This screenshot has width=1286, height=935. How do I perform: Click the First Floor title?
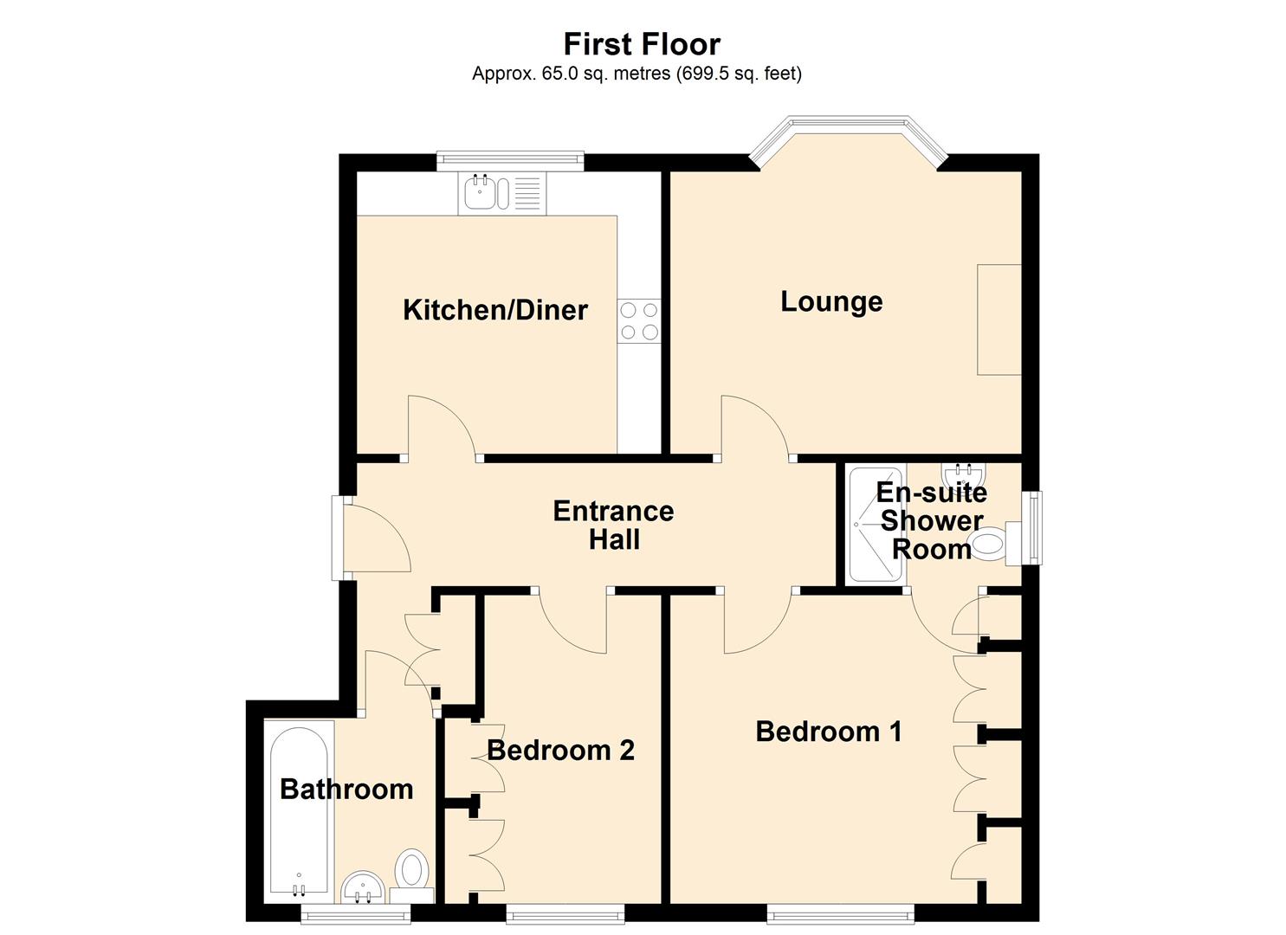point(642,44)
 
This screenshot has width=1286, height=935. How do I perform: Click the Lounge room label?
point(831,301)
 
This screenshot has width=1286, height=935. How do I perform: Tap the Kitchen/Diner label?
point(495,310)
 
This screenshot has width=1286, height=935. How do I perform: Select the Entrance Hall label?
point(613,525)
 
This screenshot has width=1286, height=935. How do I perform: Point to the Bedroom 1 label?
point(829,732)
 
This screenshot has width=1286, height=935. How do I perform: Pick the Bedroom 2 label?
point(560,750)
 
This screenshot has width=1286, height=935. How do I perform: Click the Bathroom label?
point(346,789)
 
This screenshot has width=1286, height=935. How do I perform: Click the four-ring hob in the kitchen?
point(639,320)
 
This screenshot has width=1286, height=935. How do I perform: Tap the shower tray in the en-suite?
point(876,525)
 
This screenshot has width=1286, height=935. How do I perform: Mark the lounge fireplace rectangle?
point(999,319)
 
